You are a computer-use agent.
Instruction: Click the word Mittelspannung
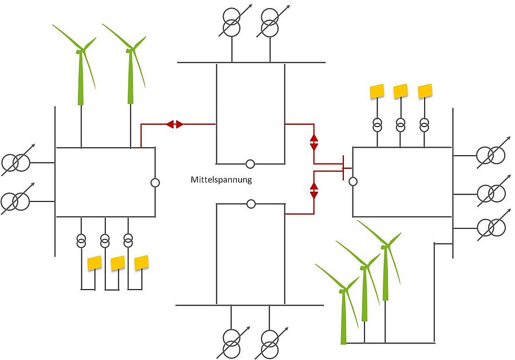pos(221,180)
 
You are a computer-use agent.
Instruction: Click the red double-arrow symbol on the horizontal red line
pos(175,124)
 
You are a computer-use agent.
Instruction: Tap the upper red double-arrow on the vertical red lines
pos(314,142)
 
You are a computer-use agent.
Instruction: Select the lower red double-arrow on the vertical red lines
pos(314,191)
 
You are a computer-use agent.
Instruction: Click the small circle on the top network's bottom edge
pos(250,164)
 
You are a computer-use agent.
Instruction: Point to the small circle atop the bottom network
pos(251,204)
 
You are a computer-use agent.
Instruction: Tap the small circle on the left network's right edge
pos(154,183)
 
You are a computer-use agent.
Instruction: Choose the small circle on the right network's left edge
pos(353,181)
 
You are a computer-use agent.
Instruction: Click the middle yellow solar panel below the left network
pos(118,263)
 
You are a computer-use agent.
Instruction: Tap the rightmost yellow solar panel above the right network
pos(425,91)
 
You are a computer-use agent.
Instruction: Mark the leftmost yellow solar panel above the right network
pos(377,91)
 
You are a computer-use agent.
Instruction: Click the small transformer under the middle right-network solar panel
pos(401,124)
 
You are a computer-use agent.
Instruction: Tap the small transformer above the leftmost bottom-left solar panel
pos(81,239)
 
